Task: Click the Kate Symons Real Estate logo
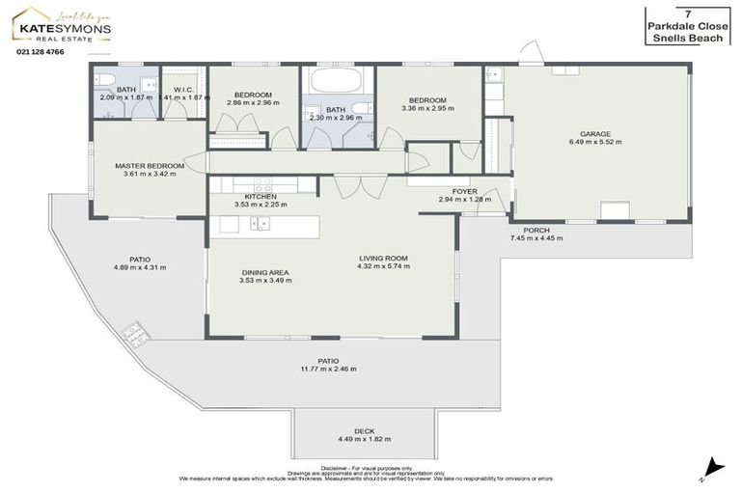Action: point(64,29)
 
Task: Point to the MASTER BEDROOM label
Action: point(149,165)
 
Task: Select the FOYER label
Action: point(452,191)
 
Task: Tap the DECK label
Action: point(364,431)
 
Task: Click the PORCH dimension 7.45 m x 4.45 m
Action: point(536,238)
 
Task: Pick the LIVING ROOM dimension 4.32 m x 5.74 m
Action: point(383,266)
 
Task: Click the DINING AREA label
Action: point(265,272)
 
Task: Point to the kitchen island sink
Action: point(260,224)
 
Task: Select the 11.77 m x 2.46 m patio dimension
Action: point(328,370)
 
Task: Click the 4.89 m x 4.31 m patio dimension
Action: point(140,267)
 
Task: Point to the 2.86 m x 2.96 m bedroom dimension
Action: point(252,102)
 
